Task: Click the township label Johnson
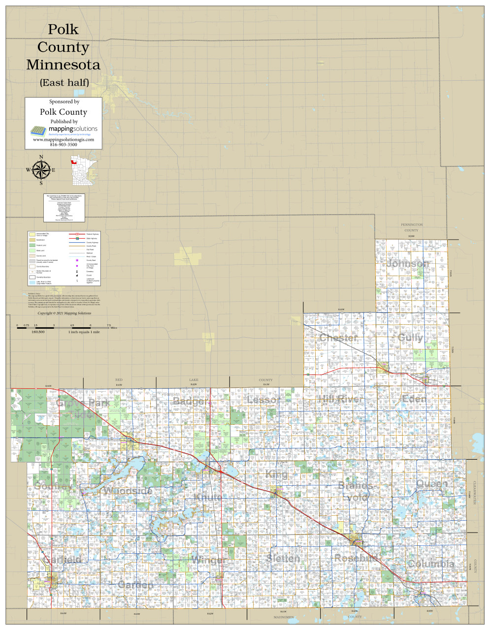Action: [408, 264]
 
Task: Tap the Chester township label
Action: [338, 338]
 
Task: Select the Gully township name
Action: [410, 338]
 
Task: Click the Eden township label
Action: [414, 399]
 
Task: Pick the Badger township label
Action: [192, 402]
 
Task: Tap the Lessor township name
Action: [263, 400]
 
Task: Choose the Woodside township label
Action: [127, 491]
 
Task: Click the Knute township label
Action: [208, 498]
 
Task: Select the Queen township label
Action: [432, 484]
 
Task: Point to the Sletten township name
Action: [283, 559]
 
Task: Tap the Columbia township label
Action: [431, 564]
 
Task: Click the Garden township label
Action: [135, 585]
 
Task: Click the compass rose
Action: [41, 170]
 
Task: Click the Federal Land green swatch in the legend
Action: [32, 245]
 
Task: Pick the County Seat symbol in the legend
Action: [77, 260]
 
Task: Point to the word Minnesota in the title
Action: [63, 64]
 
